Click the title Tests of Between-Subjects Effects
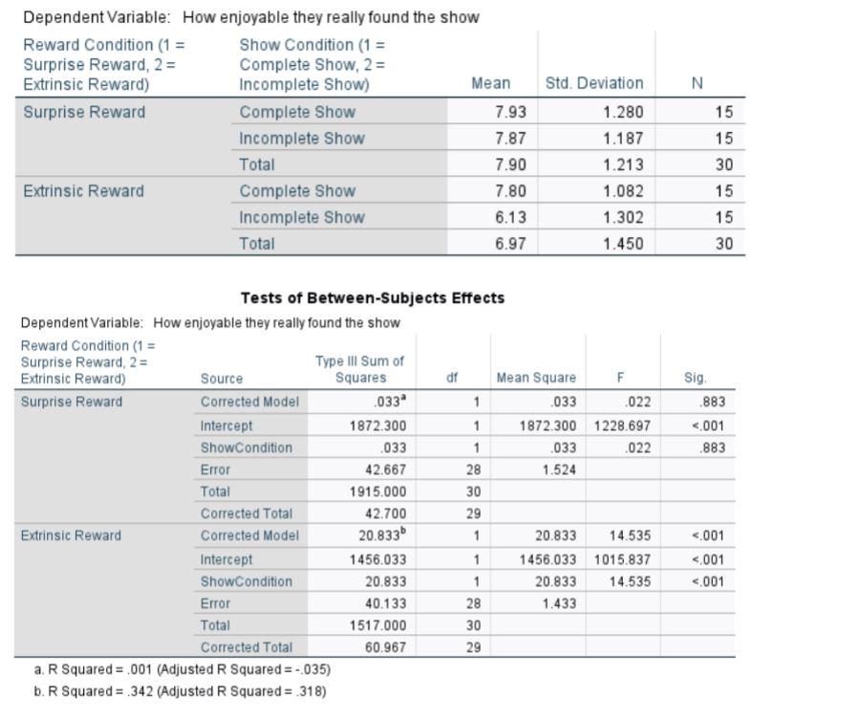point(373,297)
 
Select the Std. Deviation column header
point(593,83)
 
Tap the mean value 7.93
point(510,112)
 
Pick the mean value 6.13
point(510,217)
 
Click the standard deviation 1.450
point(623,244)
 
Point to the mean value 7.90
point(510,164)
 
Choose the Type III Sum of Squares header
point(359,369)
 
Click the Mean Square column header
point(536,378)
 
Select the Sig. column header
point(696,378)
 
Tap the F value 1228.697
point(622,425)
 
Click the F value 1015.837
point(622,559)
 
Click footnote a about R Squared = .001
point(183,669)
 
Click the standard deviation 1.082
point(623,191)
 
